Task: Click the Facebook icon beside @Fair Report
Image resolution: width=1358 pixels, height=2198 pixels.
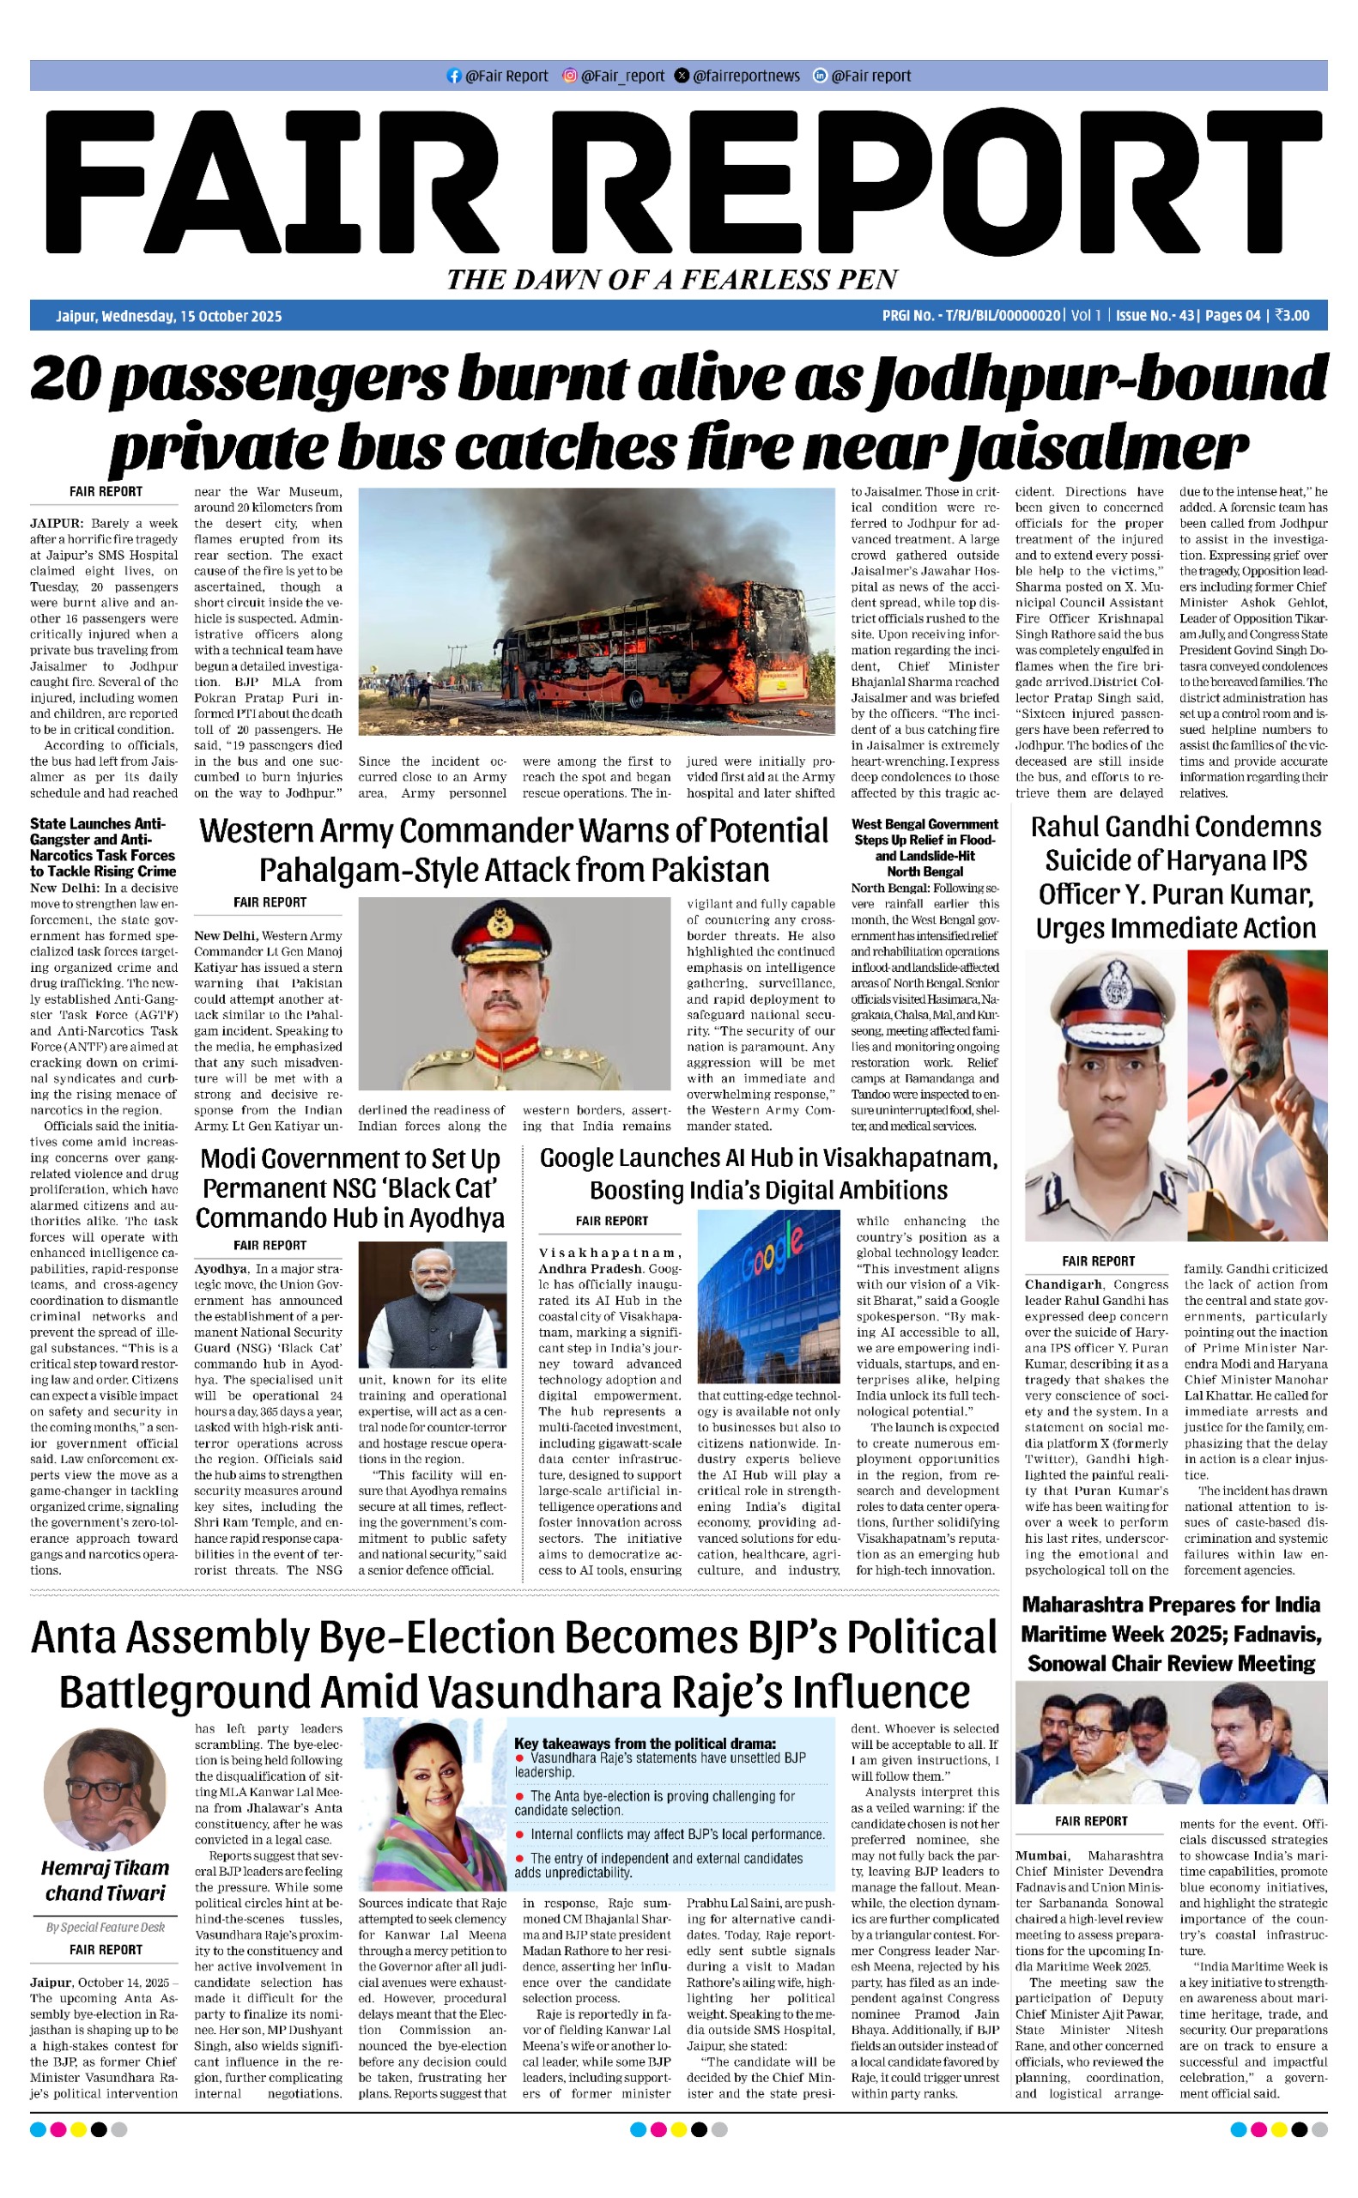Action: click(453, 76)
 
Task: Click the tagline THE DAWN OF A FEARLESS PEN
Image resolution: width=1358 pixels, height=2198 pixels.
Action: click(673, 280)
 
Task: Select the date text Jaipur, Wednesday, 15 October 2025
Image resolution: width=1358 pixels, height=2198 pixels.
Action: click(169, 316)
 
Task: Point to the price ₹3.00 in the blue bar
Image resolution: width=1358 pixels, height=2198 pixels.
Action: click(1292, 316)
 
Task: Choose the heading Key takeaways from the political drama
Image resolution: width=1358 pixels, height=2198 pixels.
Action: click(645, 1743)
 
